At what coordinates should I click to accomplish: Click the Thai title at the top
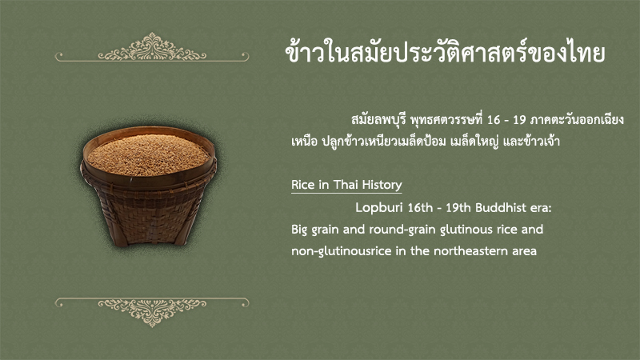click(445, 52)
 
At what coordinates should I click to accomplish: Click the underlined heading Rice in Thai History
click(346, 185)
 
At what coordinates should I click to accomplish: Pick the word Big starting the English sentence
click(299, 230)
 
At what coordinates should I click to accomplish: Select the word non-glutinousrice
click(342, 251)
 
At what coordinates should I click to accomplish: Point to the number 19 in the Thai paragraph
click(519, 120)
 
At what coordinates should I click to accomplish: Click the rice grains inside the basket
click(148, 154)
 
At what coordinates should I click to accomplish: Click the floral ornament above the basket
click(152, 48)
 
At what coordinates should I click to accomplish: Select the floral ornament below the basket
click(152, 312)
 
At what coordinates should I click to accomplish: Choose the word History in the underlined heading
click(382, 185)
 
